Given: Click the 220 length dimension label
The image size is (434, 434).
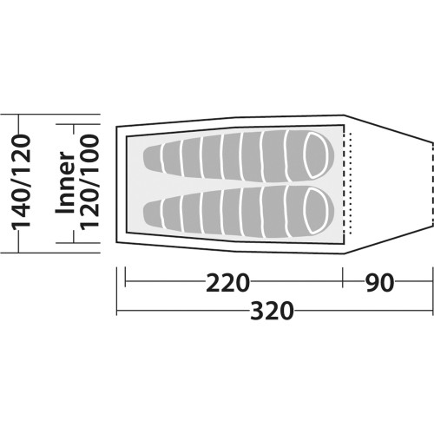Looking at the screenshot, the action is point(227,282).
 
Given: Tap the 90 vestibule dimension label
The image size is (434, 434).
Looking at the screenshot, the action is point(379,282).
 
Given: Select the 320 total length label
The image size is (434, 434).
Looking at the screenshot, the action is point(272,311).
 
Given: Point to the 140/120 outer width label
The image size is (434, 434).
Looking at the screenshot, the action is point(21,181).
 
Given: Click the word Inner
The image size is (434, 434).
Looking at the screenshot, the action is point(65,183).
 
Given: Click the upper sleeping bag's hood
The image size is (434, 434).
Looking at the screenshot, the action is point(319,155).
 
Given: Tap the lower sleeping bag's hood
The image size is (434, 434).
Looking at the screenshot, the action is point(319,210).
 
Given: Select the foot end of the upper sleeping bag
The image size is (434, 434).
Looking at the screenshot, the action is point(152,158).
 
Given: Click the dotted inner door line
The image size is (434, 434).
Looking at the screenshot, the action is point(350,183).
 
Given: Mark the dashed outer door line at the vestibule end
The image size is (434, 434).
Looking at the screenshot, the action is point(432,184).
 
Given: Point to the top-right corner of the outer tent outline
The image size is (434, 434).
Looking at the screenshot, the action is point(345,115).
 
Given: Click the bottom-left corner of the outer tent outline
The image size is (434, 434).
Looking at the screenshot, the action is point(116,242).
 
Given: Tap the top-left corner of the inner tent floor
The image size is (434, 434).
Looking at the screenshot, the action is point(127,135).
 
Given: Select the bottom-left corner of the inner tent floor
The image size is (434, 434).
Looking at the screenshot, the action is point(127,233).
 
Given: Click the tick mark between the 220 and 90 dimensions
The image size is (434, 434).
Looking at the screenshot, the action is point(343,277).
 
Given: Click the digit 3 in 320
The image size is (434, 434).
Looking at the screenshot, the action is point(257,311).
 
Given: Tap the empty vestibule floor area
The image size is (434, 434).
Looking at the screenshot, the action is point(389,184).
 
